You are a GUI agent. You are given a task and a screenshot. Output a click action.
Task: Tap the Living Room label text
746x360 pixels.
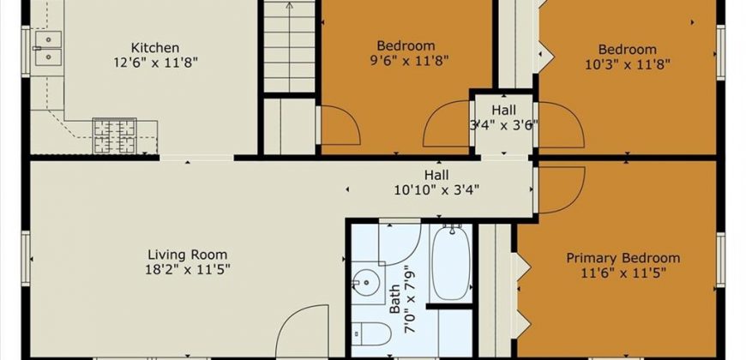coord(188,255)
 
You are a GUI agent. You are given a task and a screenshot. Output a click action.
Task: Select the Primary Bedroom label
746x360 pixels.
coord(623,258)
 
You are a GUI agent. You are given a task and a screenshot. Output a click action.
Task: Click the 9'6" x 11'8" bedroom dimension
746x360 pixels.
coord(406,61)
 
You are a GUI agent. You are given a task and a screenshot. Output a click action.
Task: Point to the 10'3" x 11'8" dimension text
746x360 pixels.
coord(628,64)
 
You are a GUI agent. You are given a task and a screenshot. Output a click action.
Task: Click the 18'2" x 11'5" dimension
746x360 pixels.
coord(188,270)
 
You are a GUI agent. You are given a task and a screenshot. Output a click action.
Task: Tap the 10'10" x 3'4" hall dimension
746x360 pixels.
coord(436,190)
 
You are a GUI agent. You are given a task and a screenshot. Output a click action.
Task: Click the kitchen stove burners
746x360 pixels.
coord(115,135)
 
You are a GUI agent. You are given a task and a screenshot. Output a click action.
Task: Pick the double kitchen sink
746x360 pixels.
coord(49,48)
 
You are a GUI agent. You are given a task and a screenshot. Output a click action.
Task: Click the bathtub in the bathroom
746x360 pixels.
coord(451,263)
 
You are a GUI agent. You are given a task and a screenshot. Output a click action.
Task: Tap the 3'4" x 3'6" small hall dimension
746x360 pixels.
coord(503,125)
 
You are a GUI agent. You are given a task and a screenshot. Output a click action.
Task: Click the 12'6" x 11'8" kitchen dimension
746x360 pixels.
coord(155,63)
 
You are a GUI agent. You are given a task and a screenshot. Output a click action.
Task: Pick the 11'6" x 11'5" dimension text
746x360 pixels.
coord(623,273)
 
